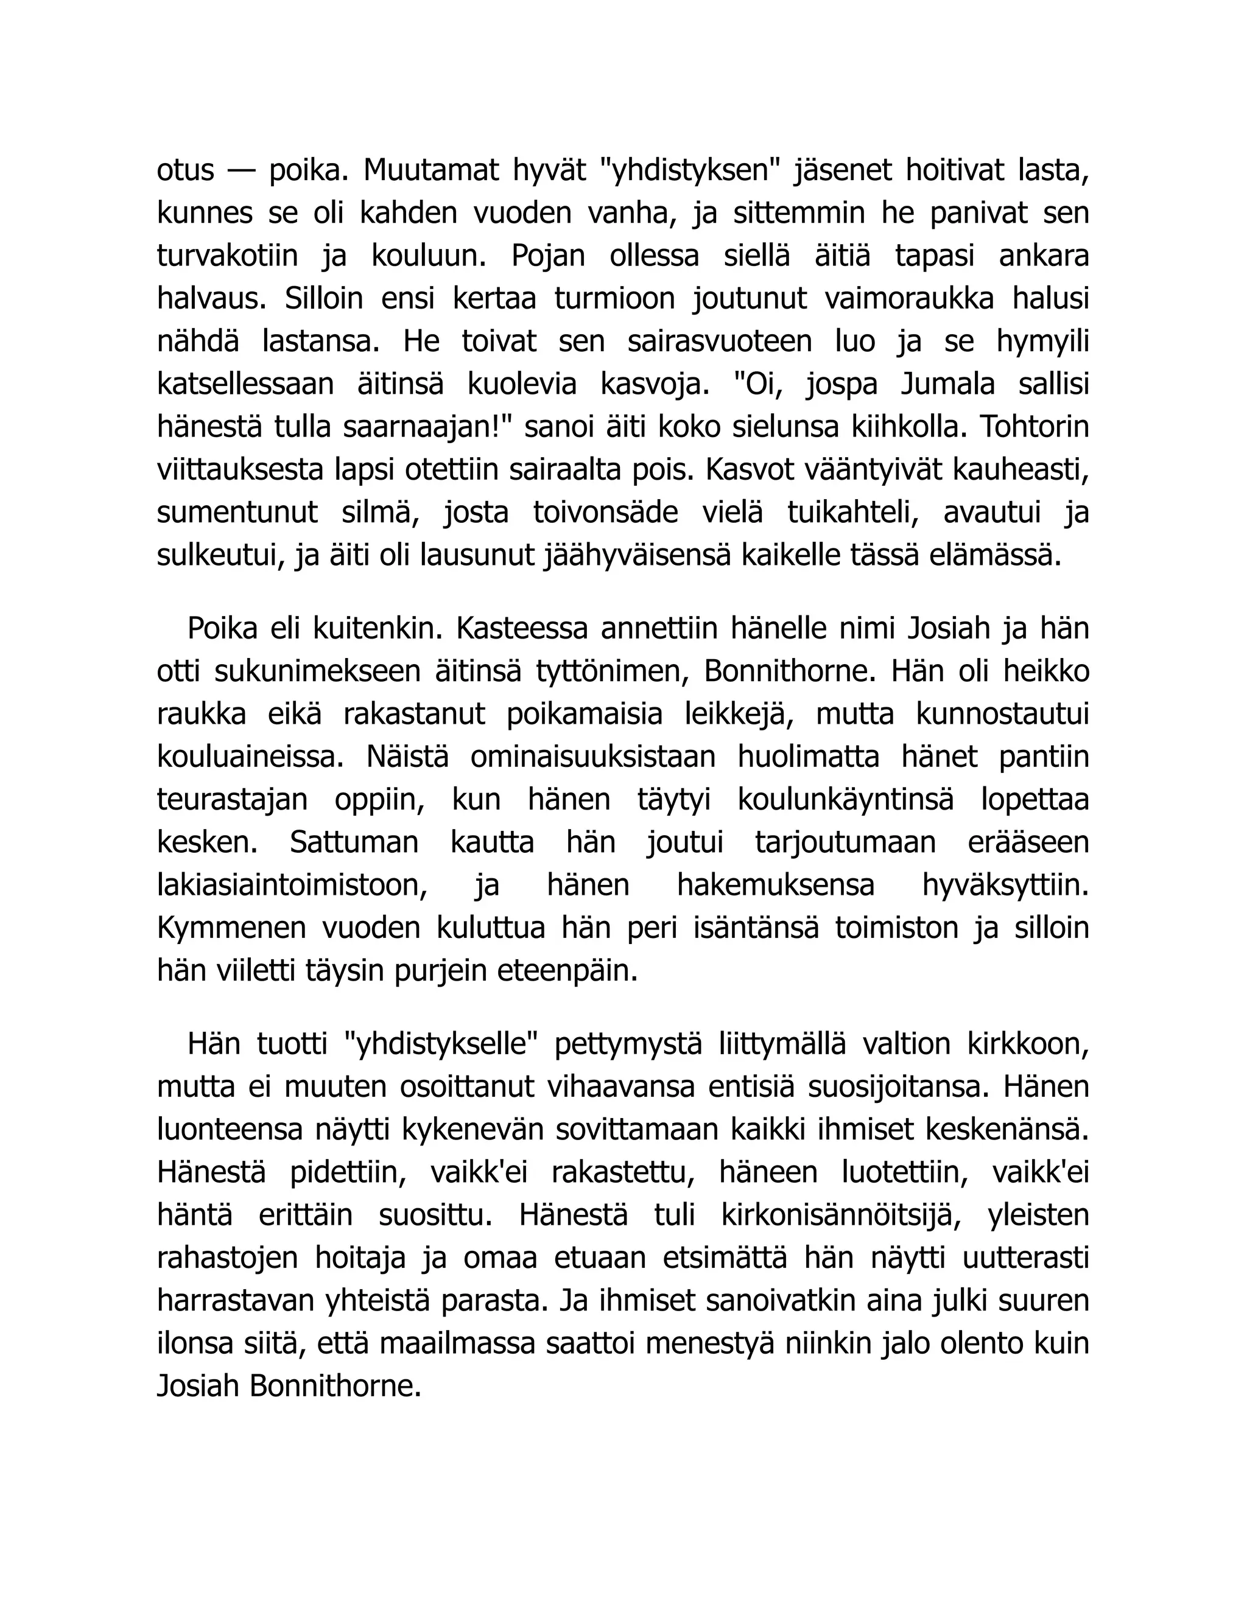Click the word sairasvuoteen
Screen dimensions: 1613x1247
click(x=720, y=341)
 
